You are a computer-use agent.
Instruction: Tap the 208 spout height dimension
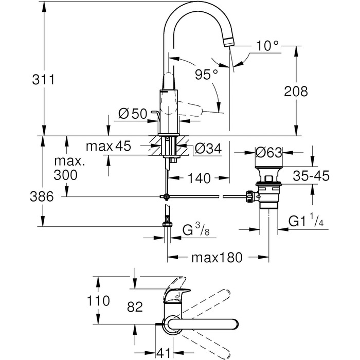pos(295,92)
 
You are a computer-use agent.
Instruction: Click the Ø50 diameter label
pos(132,114)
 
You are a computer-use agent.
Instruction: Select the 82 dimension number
pos(134,307)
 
